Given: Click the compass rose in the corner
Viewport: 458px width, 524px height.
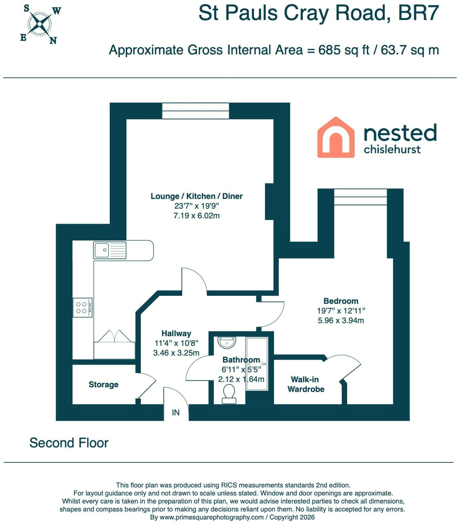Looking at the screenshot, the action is [x=39, y=24].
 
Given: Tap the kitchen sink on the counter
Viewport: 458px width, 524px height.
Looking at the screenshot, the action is [x=110, y=250].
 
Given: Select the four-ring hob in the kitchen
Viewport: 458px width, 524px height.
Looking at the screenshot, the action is [x=82, y=307].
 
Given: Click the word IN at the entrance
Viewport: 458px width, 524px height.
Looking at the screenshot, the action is [x=176, y=413].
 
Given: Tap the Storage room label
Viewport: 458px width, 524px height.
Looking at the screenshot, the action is [x=103, y=385].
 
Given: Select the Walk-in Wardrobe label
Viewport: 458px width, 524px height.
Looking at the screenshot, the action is [x=306, y=384].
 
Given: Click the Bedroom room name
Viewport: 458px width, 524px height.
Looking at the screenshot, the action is [x=341, y=301].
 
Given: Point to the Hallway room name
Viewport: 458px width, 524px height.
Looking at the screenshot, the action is [x=176, y=334].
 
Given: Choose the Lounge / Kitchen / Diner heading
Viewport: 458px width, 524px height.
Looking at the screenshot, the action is [x=196, y=196].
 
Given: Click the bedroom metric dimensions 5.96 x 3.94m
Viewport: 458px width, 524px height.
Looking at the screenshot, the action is [x=341, y=320].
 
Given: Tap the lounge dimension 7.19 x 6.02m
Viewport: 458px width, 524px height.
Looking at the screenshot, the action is [x=196, y=215].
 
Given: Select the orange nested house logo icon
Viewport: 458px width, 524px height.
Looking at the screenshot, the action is [x=336, y=137].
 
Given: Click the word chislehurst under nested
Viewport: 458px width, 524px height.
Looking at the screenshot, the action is [x=392, y=149].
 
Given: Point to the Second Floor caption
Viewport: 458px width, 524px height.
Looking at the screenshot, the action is [x=69, y=443].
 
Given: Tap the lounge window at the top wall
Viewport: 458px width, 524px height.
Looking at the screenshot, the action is [x=196, y=111].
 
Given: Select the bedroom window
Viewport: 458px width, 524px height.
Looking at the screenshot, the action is [x=361, y=197].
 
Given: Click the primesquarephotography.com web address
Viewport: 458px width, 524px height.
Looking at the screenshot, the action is [x=212, y=517].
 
